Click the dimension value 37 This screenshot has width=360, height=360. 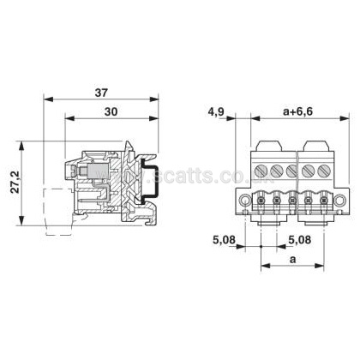(101, 93)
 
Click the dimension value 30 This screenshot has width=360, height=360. (111, 111)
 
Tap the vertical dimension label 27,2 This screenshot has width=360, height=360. (15, 182)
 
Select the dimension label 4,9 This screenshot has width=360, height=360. (216, 112)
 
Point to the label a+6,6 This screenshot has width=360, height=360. (298, 111)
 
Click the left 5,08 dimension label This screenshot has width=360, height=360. (224, 240)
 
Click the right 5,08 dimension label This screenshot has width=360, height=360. (299, 240)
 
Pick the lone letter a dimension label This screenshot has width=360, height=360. (292, 260)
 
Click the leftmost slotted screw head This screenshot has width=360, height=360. (261, 171)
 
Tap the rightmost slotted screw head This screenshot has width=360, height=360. (324, 171)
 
